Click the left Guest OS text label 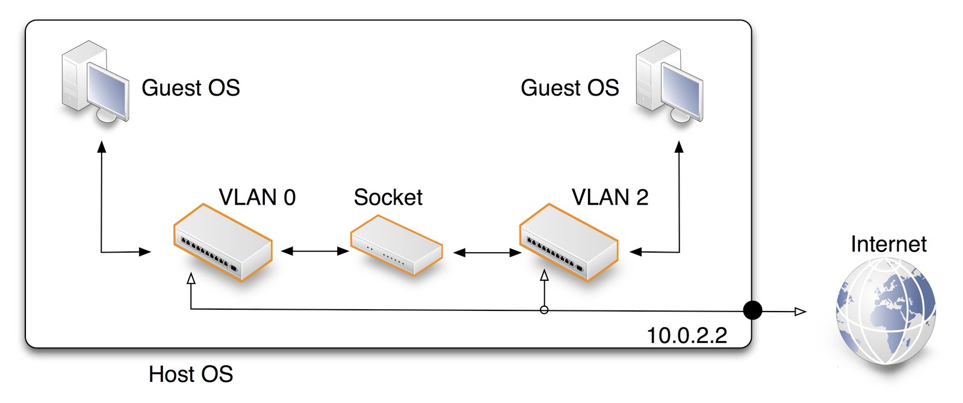(x=190, y=88)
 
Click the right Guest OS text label (x=569, y=88)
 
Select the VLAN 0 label (x=257, y=197)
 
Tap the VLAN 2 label (x=610, y=197)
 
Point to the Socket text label (x=388, y=197)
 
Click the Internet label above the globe (x=888, y=244)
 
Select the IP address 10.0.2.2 (x=687, y=336)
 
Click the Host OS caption (x=191, y=374)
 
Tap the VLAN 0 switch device (x=223, y=243)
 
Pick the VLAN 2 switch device (x=569, y=243)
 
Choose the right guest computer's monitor (x=681, y=90)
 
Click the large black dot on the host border (x=752, y=310)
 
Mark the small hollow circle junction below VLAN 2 (x=544, y=310)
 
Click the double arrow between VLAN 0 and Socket (x=315, y=251)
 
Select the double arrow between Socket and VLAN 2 (x=487, y=253)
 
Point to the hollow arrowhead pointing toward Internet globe (x=800, y=311)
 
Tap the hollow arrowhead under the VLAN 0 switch (x=191, y=278)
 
